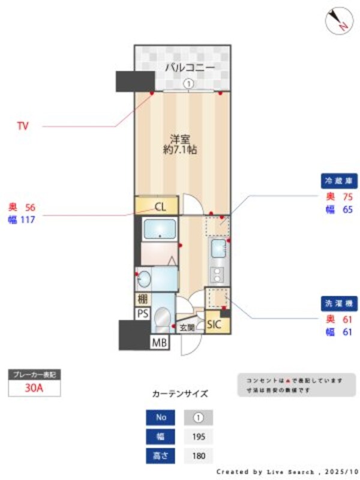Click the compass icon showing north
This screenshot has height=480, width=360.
337,20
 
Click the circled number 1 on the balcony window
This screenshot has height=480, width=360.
188,85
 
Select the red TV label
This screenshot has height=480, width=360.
23,126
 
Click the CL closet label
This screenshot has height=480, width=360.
160,208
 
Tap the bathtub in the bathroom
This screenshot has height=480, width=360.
160,229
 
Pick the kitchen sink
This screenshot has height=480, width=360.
218,247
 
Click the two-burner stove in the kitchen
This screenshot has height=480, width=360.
217,273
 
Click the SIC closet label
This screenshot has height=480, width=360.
214,325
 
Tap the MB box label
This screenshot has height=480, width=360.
159,343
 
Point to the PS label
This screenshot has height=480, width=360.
142,313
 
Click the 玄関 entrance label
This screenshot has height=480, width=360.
187,328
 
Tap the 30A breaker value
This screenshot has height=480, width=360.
34,388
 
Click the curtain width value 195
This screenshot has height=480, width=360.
198,436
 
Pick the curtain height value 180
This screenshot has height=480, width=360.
198,456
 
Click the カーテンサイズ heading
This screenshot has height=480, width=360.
180,394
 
